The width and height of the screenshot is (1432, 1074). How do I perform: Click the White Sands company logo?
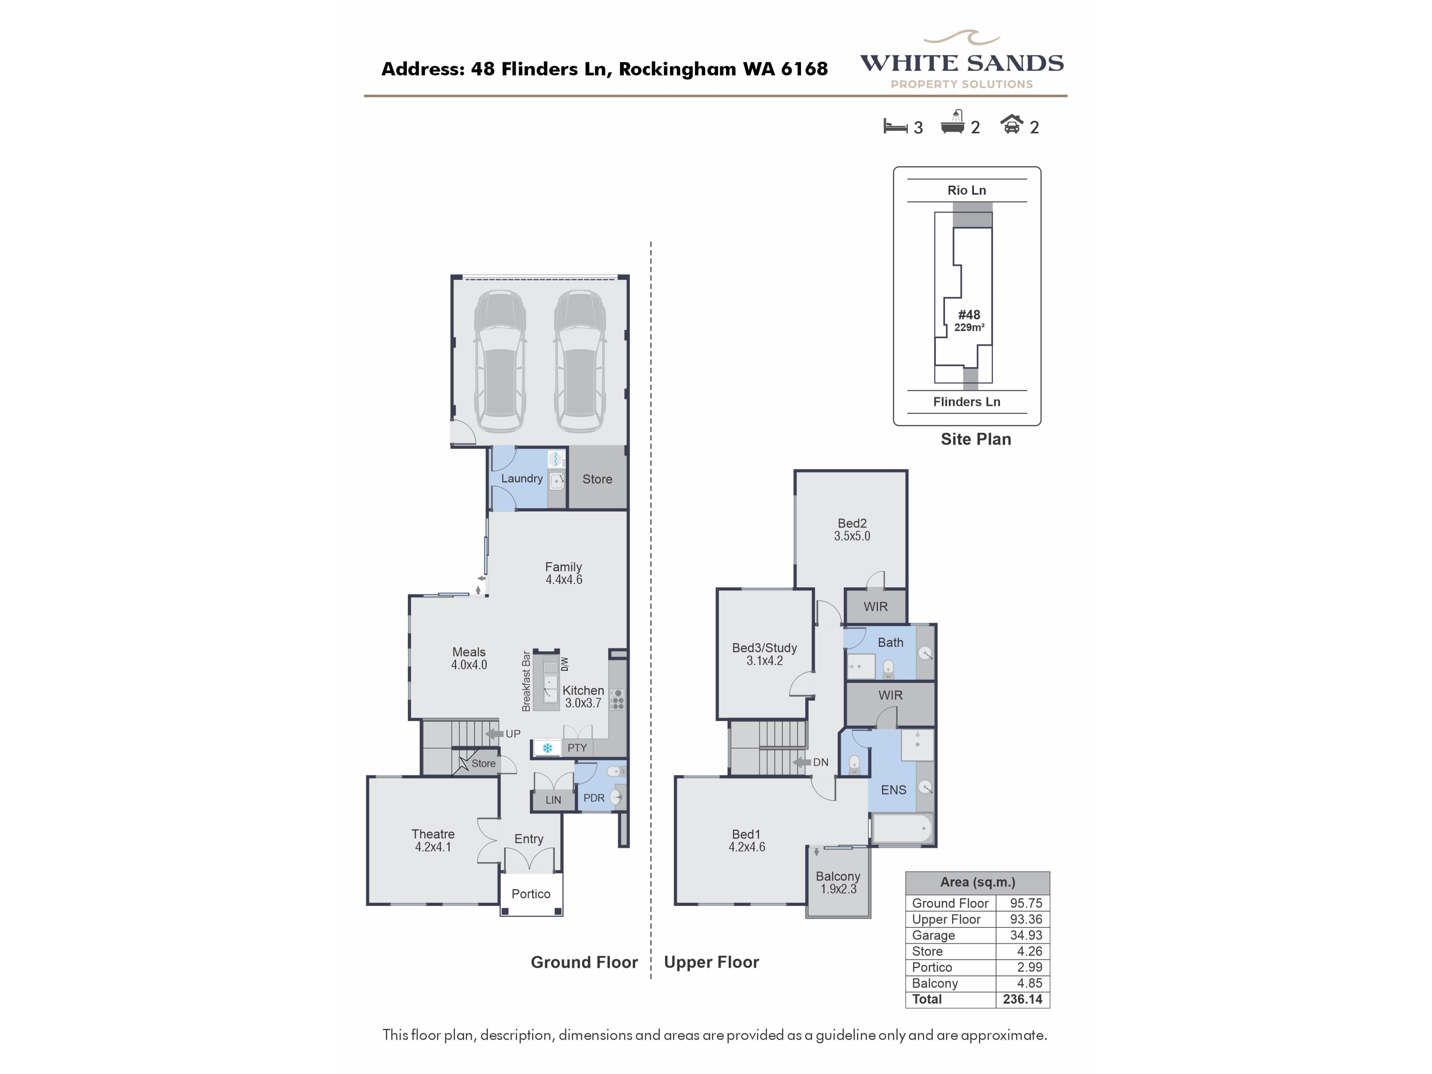point(961,60)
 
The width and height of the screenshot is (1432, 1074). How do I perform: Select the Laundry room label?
point(522,478)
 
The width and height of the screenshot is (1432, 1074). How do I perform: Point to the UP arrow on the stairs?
point(494,734)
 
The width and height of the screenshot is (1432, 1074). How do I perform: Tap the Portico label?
point(531,894)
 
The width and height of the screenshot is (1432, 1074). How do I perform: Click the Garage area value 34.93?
point(1026,935)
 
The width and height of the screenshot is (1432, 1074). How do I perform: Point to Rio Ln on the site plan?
point(967,190)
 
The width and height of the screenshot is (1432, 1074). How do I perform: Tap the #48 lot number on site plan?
point(969,315)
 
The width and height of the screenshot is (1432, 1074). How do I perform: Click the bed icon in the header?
point(895,126)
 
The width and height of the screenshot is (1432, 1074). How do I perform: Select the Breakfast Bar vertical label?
point(526,681)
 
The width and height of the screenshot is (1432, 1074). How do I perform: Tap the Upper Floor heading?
point(712,962)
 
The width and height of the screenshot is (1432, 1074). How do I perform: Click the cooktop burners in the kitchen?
point(618,699)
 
